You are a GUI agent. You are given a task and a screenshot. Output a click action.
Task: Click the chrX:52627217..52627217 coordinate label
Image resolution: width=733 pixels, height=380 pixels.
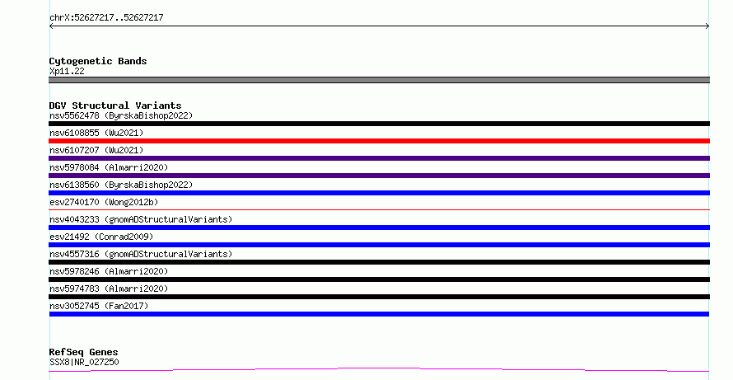click(106, 17)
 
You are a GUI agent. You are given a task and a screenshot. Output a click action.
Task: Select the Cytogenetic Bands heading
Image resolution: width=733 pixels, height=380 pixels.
click(98, 61)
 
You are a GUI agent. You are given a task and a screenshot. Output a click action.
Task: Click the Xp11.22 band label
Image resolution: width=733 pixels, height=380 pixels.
click(67, 71)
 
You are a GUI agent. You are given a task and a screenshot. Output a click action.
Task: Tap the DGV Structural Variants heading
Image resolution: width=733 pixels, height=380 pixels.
click(115, 106)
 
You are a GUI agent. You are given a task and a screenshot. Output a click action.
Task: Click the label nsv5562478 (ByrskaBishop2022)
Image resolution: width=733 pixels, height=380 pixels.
click(121, 115)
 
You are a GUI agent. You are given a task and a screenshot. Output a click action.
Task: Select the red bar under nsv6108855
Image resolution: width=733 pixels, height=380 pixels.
click(379, 141)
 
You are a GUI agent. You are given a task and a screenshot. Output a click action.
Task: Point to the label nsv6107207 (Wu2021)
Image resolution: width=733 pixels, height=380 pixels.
click(96, 150)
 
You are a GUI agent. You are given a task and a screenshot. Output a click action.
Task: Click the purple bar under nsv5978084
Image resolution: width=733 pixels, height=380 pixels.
click(379, 176)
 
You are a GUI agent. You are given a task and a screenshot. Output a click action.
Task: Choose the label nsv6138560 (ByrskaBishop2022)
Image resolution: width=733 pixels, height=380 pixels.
click(121, 185)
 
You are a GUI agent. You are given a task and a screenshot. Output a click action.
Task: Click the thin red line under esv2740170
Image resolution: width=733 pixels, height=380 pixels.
click(379, 209)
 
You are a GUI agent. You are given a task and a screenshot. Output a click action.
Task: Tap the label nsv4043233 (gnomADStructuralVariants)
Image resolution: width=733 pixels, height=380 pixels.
click(141, 219)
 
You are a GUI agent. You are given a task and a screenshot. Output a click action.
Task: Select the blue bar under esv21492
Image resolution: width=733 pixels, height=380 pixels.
click(379, 245)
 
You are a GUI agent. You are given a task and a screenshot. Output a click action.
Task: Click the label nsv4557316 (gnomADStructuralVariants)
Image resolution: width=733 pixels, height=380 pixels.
click(141, 254)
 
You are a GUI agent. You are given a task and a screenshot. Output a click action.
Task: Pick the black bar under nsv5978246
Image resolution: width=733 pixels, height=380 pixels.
click(379, 279)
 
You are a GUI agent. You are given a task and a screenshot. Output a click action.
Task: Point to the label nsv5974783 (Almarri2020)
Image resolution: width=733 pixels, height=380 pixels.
click(109, 289)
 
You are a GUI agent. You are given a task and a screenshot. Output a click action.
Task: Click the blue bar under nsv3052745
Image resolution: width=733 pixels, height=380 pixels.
click(379, 314)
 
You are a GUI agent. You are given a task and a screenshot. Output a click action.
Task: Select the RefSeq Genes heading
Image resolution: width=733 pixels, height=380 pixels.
click(84, 352)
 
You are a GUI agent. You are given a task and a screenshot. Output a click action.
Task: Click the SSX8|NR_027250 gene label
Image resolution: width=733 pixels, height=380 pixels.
click(84, 362)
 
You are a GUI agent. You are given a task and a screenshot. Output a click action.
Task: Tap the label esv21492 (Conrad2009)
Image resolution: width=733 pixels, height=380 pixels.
click(101, 237)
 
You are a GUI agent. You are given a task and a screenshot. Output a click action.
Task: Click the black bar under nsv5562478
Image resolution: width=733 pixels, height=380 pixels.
click(379, 124)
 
